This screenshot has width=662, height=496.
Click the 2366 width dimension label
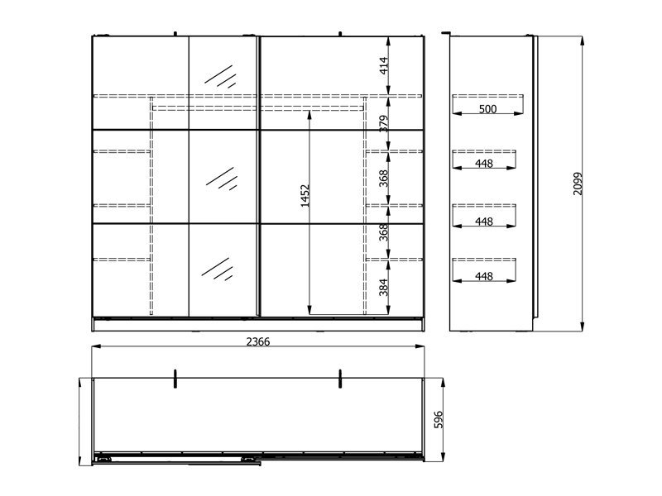pyautogui.click(x=258, y=341)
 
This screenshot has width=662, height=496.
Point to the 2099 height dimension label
pyautogui.click(x=578, y=184)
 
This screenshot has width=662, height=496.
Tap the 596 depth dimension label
pyautogui.click(x=439, y=420)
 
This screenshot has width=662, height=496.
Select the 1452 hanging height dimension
pyautogui.click(x=305, y=195)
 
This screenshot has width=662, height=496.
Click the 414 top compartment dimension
pyautogui.click(x=384, y=65)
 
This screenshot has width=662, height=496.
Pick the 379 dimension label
pyautogui.click(x=384, y=123)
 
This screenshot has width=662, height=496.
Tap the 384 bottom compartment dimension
pyautogui.click(x=383, y=287)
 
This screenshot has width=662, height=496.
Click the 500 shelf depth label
pyautogui.click(x=487, y=109)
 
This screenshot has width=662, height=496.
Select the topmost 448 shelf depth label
pyautogui.click(x=484, y=163)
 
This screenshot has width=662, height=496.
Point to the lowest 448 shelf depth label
pyautogui.click(x=484, y=276)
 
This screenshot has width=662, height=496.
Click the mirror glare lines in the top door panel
pyautogui.click(x=220, y=76)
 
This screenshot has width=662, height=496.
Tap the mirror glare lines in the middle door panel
pyautogui.click(x=222, y=179)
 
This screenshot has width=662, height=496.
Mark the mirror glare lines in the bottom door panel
pyautogui.click(x=217, y=269)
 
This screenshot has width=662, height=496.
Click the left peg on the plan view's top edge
pyautogui.click(x=175, y=379)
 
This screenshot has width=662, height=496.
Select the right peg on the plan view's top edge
pyautogui.click(x=340, y=379)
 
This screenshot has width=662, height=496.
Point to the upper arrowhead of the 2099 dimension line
pyautogui.click(x=583, y=41)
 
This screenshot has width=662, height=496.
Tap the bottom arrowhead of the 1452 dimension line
pyautogui.click(x=309, y=310)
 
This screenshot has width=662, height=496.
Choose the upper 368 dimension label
pyautogui.click(x=383, y=179)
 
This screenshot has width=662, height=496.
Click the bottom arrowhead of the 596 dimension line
pyautogui.click(x=443, y=457)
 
